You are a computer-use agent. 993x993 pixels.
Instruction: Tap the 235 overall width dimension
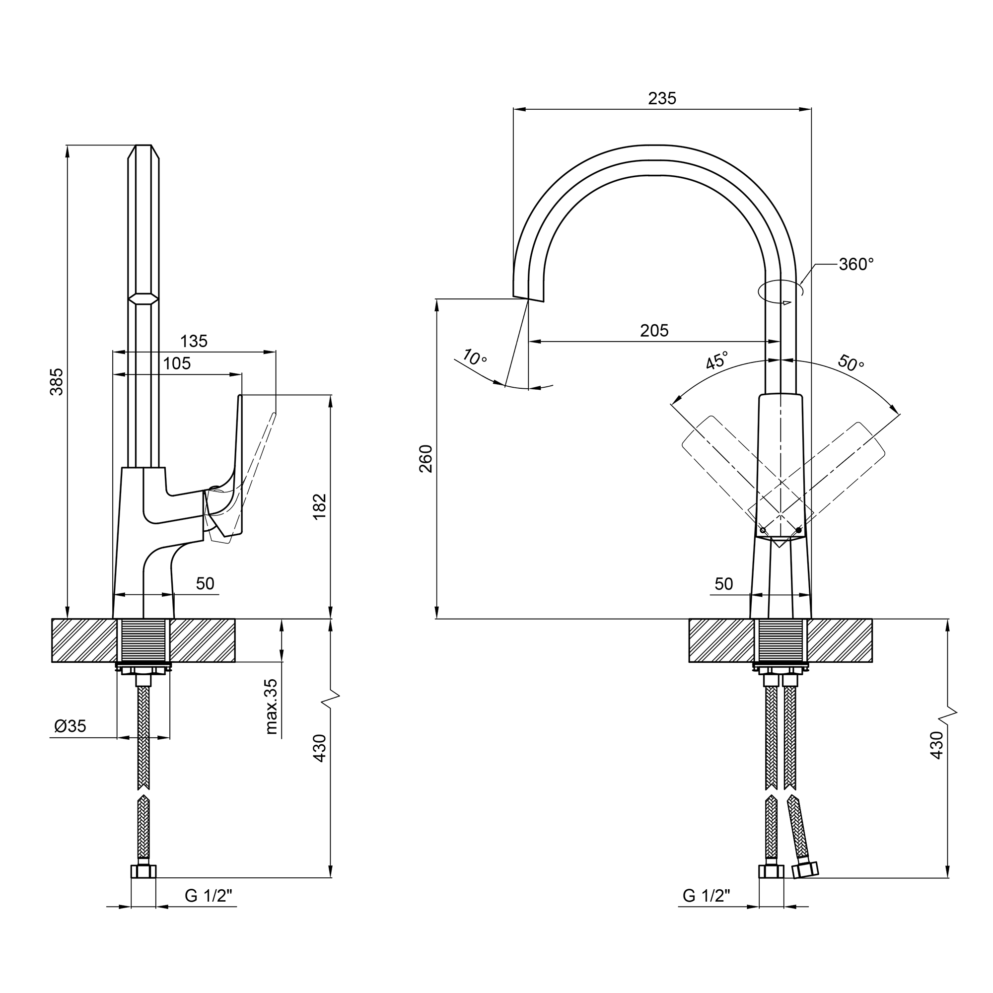662,98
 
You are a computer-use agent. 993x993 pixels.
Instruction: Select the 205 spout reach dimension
654,331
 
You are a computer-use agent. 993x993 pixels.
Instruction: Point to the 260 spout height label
426,458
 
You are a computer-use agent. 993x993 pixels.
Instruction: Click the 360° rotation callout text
856,264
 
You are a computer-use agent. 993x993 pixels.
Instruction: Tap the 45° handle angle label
717,360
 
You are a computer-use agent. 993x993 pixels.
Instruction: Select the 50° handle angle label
851,363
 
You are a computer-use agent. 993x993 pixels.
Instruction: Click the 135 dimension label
194,341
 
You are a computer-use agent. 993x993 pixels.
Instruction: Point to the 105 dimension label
177,363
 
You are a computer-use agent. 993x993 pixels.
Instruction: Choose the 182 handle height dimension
320,506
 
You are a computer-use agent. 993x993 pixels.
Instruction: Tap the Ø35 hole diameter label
71,726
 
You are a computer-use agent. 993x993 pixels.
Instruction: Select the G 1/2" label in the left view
208,896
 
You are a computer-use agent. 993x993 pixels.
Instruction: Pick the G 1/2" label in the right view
706,896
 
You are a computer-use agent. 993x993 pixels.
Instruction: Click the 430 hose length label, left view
320,748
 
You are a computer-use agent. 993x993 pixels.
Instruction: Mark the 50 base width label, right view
724,584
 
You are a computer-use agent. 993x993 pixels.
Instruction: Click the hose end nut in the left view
143,872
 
